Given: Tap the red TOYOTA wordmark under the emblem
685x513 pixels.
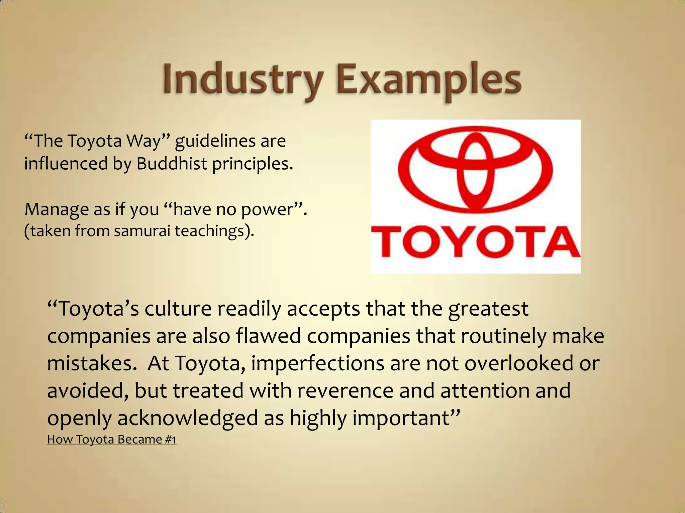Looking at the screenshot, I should [x=475, y=241].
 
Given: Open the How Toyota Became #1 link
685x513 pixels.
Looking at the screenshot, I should [x=111, y=439].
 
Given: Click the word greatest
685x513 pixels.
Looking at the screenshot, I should [x=488, y=309].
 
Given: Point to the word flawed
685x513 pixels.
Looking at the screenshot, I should [x=268, y=336].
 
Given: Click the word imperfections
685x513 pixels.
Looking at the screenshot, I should [x=317, y=364].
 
